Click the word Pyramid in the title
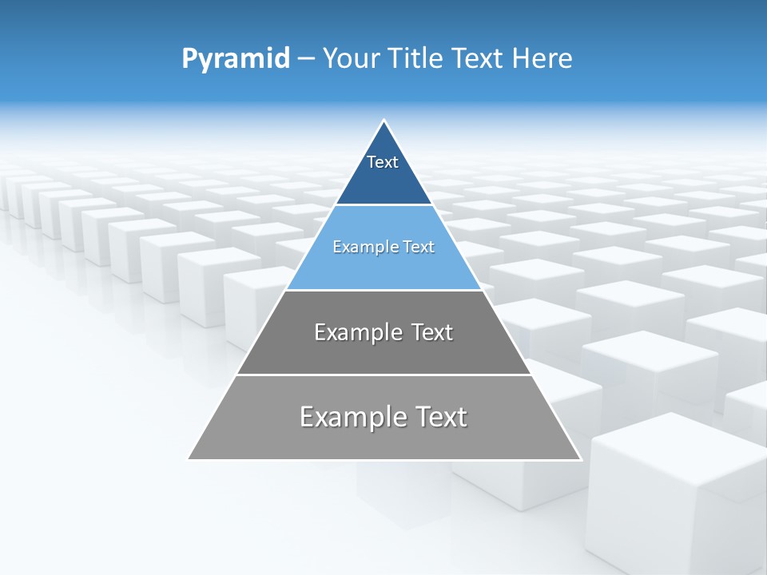coord(236,58)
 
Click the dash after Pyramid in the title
coord(305,59)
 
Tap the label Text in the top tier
coord(383,162)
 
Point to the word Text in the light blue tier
coord(418,247)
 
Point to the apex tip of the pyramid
coord(383,121)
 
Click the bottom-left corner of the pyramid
coord(189,458)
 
